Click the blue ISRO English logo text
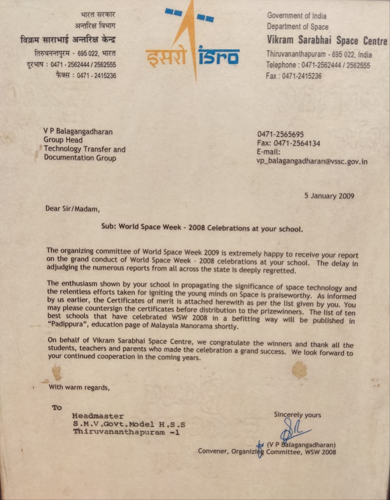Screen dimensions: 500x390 [x=219, y=56]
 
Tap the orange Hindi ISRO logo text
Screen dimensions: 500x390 [x=165, y=57]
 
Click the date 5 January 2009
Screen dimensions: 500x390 [x=329, y=196]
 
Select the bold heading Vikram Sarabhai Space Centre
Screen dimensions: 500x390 [x=327, y=40]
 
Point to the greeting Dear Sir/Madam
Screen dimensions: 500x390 [x=72, y=209]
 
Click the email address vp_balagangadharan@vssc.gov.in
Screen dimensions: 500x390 [x=312, y=161]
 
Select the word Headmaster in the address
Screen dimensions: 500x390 [x=98, y=416]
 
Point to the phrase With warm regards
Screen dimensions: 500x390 [x=79, y=387]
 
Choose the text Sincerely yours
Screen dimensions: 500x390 [x=297, y=414]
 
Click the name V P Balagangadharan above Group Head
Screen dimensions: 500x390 [x=78, y=131]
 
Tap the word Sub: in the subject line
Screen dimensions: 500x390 [x=109, y=226]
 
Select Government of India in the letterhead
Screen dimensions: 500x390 [x=297, y=16]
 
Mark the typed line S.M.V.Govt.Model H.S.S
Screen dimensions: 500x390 [x=129, y=424]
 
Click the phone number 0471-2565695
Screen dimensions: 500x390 [x=280, y=134]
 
